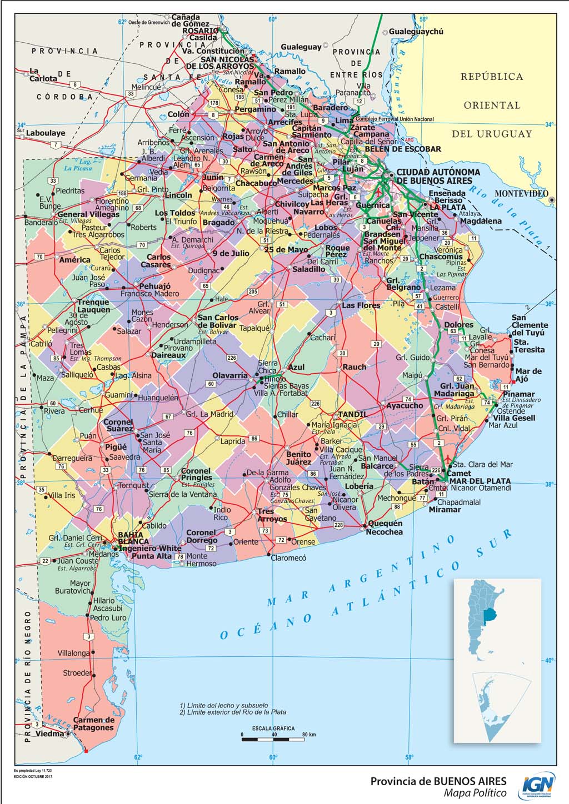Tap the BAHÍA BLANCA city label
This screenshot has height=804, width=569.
tap(133, 538)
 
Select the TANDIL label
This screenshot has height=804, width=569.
tap(352, 414)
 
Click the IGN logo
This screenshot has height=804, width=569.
tap(538, 786)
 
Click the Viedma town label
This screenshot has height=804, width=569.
tap(50, 733)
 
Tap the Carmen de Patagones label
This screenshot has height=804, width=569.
tap(93, 723)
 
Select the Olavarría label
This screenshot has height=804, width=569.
tap(230, 375)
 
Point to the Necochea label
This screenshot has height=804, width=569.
tap(384, 532)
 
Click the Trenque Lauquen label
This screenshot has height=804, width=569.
tap(93, 306)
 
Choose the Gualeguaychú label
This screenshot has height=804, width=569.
tap(416, 32)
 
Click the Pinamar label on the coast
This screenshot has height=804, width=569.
tap(518, 394)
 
